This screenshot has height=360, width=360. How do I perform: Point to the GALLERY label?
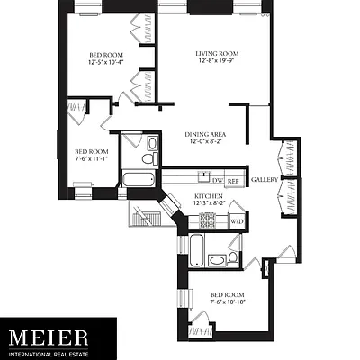pyautogui.click(x=264, y=178)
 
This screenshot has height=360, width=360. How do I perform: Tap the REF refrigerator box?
pyautogui.click(x=232, y=181)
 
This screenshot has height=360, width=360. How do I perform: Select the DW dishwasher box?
pyautogui.click(x=217, y=181)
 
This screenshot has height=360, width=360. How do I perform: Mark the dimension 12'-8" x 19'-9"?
pyautogui.click(x=214, y=63)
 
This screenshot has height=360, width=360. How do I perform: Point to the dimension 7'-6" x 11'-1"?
pyautogui.click(x=90, y=159)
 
